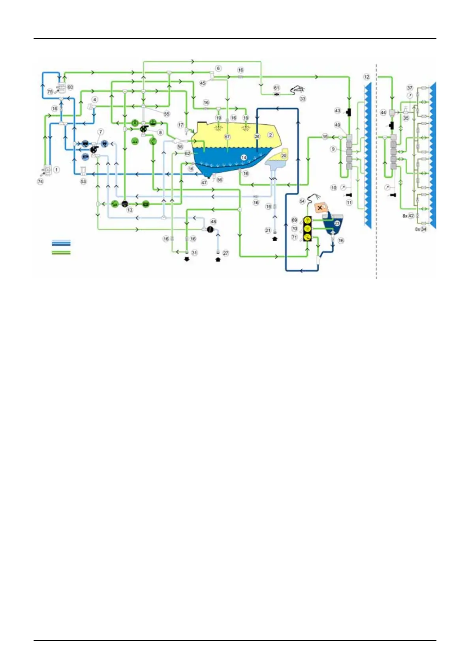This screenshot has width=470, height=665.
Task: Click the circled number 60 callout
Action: click(x=70, y=87)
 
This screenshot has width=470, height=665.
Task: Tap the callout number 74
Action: click(x=40, y=182)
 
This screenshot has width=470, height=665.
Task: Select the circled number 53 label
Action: click(x=83, y=182)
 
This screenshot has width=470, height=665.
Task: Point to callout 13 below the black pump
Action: click(x=130, y=210)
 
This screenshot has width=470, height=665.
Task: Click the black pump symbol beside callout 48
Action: click(x=211, y=229)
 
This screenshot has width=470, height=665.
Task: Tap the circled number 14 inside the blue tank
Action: click(x=244, y=158)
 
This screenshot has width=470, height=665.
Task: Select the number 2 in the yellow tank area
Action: click(x=271, y=135)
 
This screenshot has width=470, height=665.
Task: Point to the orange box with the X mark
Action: click(x=320, y=207)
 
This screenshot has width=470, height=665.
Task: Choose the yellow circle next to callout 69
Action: click(x=307, y=220)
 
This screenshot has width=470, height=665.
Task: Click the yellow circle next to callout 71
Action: click(x=307, y=237)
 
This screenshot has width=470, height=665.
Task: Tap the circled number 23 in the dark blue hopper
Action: click(x=337, y=224)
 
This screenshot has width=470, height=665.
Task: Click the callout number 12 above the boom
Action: click(x=367, y=77)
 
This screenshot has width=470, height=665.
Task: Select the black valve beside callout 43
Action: click(x=349, y=112)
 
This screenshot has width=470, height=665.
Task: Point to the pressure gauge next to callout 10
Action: click(x=342, y=188)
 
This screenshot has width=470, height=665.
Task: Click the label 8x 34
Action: click(x=421, y=229)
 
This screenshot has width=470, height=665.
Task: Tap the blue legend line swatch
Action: click(x=61, y=243)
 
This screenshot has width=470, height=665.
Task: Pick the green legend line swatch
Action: click(x=61, y=252)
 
